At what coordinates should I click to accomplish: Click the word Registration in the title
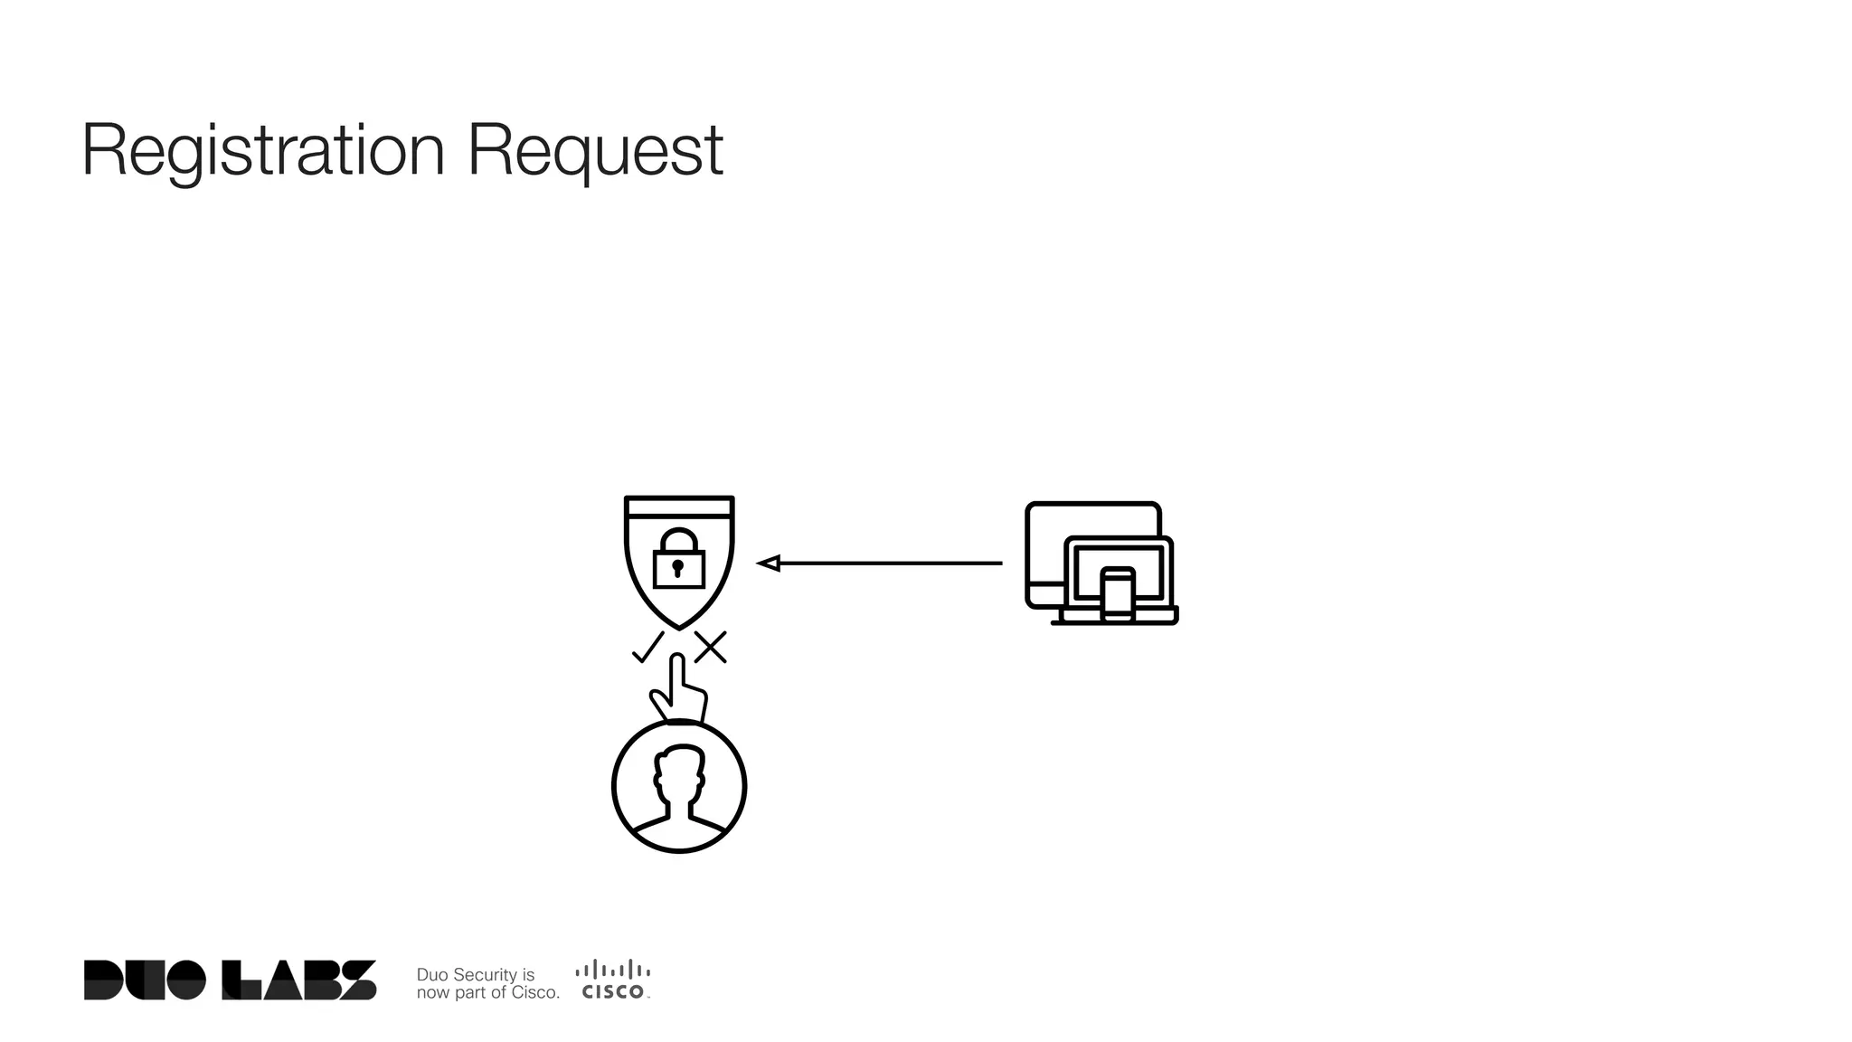[x=263, y=151]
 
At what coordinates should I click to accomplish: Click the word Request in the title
[x=595, y=151]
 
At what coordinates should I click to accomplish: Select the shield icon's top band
[x=679, y=506]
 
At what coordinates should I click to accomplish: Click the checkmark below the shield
[x=647, y=648]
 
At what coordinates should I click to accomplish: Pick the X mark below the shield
[x=711, y=648]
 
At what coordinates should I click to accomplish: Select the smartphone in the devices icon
[x=1117, y=594]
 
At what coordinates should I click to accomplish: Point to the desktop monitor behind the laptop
[x=1049, y=543]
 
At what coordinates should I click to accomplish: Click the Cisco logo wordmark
[x=613, y=992]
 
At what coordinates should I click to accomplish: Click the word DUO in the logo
[x=145, y=980]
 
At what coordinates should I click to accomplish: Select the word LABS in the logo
[x=299, y=980]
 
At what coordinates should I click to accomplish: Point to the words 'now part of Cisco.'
[x=487, y=992]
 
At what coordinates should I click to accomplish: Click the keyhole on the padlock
[x=677, y=569]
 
